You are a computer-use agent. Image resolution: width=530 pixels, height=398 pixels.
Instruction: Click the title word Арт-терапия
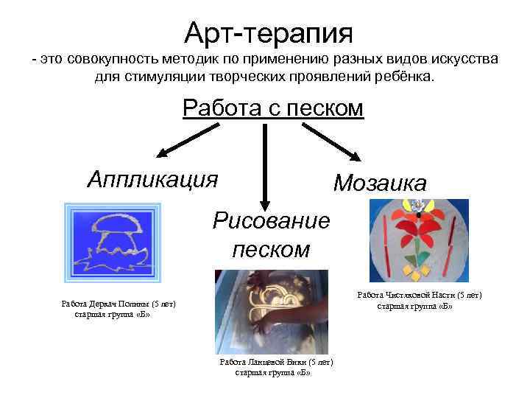click(x=269, y=31)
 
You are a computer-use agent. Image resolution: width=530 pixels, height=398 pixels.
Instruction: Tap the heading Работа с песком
click(x=273, y=108)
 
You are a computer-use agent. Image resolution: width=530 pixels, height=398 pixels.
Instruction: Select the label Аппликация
click(x=152, y=178)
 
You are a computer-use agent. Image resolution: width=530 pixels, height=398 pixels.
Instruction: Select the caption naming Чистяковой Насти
click(x=419, y=295)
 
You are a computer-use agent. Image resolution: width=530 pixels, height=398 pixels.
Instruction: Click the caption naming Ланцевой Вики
click(x=276, y=363)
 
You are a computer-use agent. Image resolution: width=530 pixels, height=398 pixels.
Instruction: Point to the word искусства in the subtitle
click(x=460, y=58)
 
